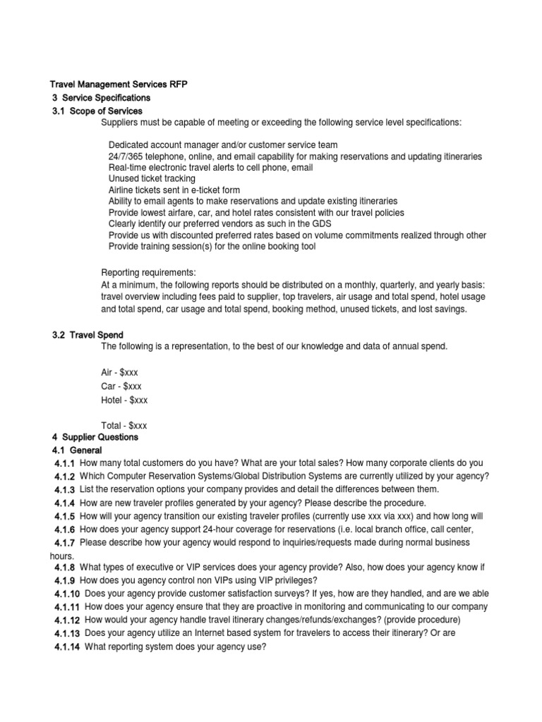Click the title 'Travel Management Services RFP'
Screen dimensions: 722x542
[119, 85]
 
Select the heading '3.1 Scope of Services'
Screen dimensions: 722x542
[97, 111]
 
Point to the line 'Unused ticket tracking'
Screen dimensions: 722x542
[152, 179]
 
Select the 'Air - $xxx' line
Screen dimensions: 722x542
[124, 372]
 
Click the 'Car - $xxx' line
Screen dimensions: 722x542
[124, 386]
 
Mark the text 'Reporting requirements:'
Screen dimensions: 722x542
[149, 273]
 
